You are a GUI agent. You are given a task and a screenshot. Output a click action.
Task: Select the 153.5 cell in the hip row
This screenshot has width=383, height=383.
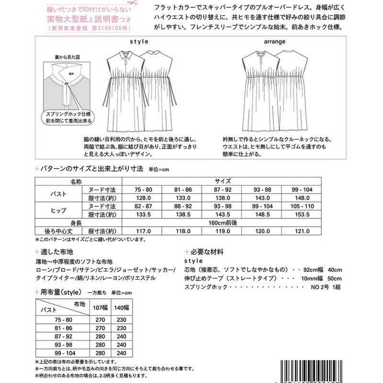301,214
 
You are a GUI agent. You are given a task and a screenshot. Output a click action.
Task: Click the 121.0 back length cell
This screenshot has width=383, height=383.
301,230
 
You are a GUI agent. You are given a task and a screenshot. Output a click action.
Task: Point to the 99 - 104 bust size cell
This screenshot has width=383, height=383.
301,190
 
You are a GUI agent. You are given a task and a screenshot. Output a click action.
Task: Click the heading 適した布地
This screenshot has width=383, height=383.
60,251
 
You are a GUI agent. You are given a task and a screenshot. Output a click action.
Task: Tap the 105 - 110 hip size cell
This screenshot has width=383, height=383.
301,206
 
